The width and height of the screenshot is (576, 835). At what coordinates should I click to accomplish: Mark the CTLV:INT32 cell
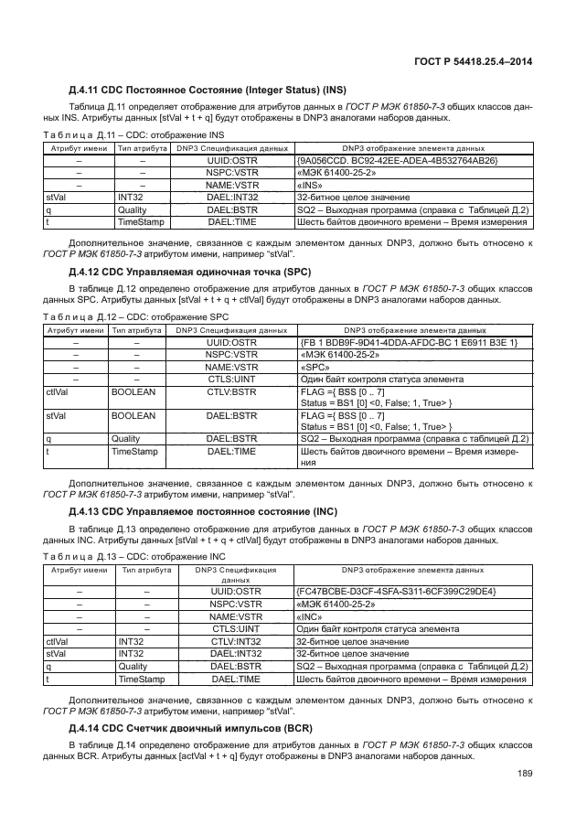pos(236,641)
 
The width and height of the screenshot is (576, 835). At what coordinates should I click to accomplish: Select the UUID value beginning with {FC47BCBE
pos(396,592)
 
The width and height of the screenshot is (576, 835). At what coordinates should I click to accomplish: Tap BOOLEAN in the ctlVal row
pos(133,391)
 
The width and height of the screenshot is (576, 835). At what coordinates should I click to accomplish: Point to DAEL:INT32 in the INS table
pos(233,196)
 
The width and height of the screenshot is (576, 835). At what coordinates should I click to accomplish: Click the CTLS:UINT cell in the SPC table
pos(231,380)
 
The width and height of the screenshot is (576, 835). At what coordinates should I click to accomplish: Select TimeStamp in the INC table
pos(141,680)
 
